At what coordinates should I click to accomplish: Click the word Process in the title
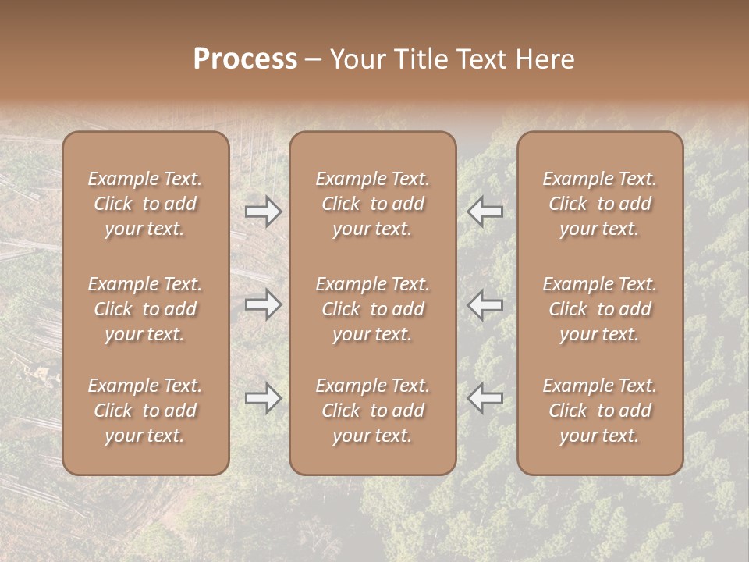[x=245, y=59]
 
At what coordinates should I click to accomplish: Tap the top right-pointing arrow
[x=263, y=212]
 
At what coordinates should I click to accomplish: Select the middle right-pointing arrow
[x=263, y=305]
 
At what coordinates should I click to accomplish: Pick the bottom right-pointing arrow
[x=263, y=399]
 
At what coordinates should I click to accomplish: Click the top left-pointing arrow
[x=485, y=212]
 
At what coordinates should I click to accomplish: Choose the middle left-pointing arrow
[x=485, y=305]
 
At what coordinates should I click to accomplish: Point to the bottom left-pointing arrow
[x=485, y=399]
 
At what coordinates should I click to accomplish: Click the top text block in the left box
[x=145, y=204]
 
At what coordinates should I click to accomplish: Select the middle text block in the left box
[x=145, y=309]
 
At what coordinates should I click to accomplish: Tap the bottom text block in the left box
[x=145, y=411]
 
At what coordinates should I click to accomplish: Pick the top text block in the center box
[x=372, y=204]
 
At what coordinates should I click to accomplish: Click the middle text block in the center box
[x=372, y=309]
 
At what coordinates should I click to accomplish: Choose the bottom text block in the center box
[x=372, y=411]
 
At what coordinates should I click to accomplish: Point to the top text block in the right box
[x=599, y=204]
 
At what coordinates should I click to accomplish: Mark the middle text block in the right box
[x=599, y=309]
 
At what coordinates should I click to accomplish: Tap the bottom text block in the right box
[x=599, y=411]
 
